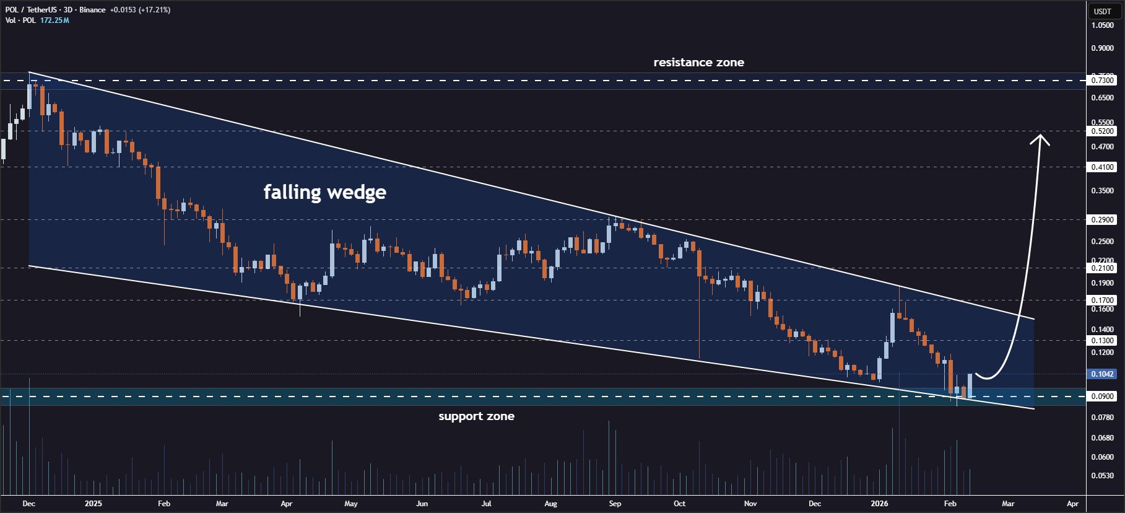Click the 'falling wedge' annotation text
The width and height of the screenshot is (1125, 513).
[324, 192]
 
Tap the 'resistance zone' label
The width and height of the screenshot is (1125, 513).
[698, 62]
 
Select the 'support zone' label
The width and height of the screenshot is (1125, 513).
[476, 416]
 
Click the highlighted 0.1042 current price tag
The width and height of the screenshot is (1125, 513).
[1102, 374]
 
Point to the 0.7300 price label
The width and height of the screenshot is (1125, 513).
[1102, 81]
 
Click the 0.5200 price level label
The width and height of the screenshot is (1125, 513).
[1102, 131]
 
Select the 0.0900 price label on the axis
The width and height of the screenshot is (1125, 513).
[1102, 397]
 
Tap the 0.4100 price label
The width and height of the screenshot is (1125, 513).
[1102, 167]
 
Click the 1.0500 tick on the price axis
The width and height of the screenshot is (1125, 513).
[1102, 25]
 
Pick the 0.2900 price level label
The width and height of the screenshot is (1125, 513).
[1102, 220]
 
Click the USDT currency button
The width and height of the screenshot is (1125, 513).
[1102, 11]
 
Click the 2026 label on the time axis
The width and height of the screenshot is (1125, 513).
[879, 504]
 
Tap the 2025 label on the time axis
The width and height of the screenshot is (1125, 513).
[93, 504]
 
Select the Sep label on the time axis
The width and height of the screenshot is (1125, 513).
[615, 504]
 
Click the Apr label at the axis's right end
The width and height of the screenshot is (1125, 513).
[1072, 504]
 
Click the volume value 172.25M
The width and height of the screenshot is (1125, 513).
[54, 20]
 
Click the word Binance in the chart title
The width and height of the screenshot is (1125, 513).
[92, 10]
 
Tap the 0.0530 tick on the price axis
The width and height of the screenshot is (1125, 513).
[1102, 476]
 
